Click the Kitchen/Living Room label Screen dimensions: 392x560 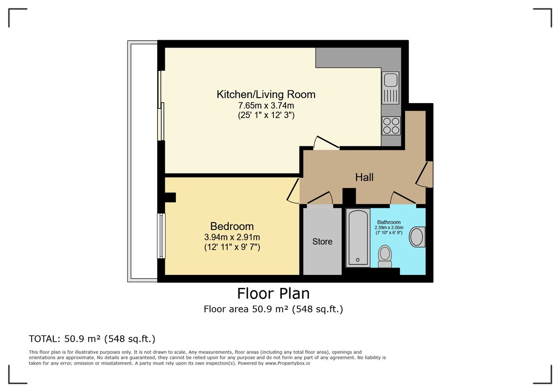click(266, 94)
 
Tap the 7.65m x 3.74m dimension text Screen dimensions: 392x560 click(266, 106)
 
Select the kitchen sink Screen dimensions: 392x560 click(391, 88)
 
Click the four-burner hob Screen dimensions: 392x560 click(391, 125)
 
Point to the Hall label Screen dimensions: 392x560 click(364, 177)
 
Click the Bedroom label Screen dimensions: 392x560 click(232, 226)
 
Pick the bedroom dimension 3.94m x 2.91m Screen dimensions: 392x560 click(232, 237)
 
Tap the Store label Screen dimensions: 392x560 click(322, 242)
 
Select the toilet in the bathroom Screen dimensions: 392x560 click(385, 256)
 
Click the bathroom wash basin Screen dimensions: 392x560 click(417, 237)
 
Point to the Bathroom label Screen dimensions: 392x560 click(389, 222)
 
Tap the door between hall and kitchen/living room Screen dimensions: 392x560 click(327, 144)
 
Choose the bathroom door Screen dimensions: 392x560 click(402, 199)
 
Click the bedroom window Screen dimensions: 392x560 click(161, 236)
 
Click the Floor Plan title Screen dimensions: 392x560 click(273, 294)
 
